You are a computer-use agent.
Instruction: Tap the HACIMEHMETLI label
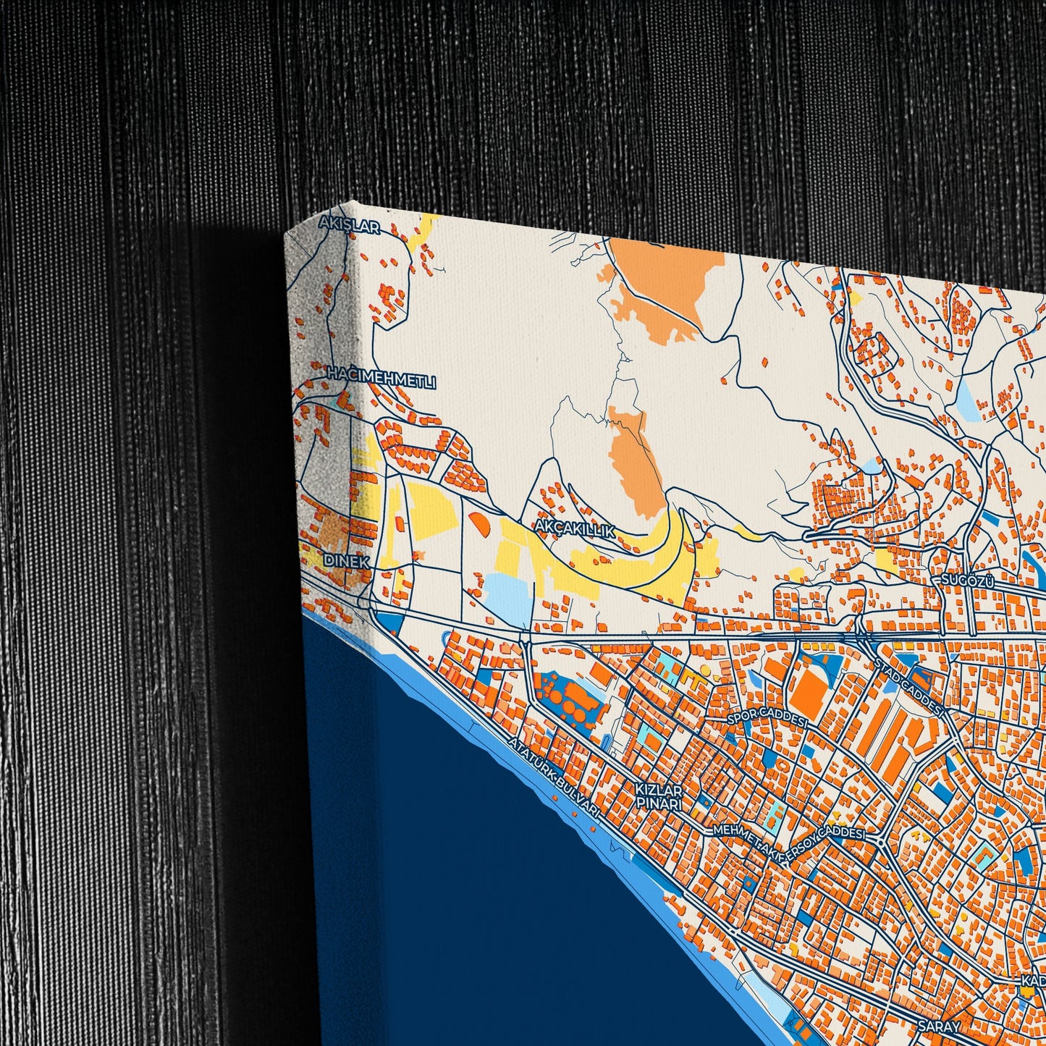(x=381, y=378)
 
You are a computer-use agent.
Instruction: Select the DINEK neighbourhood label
(x=347, y=561)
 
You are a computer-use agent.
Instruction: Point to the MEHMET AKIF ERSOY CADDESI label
(x=789, y=837)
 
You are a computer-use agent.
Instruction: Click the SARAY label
(x=939, y=1026)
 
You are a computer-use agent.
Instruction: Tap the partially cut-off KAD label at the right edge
(x=1034, y=982)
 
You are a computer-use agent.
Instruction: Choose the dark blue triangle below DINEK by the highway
(x=389, y=621)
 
